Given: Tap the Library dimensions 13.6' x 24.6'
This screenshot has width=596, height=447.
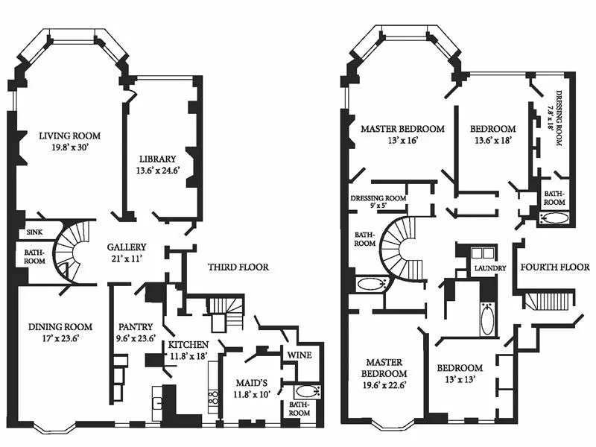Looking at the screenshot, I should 157,171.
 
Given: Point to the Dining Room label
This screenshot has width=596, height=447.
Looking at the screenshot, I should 60,327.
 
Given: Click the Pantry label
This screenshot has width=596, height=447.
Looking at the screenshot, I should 136,326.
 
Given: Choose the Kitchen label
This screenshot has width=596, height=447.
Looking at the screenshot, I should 187,345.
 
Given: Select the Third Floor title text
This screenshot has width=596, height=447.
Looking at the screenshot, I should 238,267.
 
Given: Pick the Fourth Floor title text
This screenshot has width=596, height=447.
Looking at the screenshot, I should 554,267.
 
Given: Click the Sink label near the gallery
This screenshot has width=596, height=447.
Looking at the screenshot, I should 34,232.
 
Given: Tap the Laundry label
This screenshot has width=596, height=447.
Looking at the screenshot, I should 490,268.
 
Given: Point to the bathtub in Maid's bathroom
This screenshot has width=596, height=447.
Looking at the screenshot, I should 305,392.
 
